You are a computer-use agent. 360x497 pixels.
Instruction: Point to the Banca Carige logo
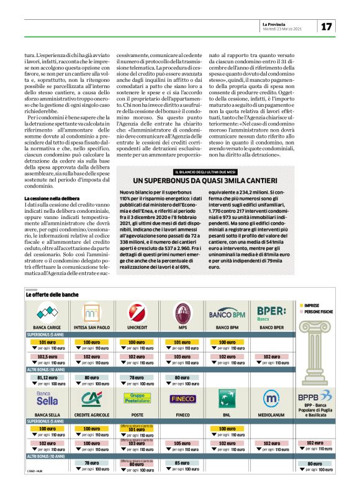[47, 313]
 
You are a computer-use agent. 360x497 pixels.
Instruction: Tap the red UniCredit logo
[137, 313]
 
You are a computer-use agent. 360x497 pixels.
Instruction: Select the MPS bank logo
[182, 312]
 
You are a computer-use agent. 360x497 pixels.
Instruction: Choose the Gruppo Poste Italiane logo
[137, 398]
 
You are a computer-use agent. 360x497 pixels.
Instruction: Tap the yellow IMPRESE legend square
[302, 306]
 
